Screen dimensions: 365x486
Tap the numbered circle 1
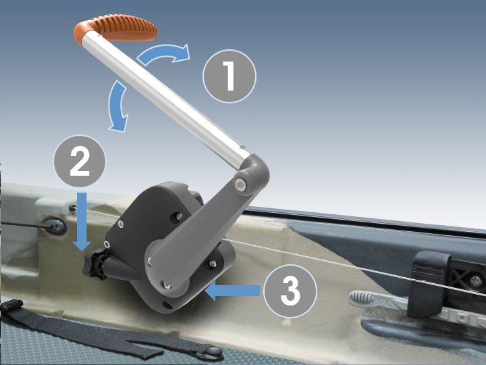point(230,77)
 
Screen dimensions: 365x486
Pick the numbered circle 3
point(290,291)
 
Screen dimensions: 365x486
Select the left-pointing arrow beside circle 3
point(233,291)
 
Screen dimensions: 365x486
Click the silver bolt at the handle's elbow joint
point(241,183)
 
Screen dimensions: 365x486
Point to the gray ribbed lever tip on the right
point(365,298)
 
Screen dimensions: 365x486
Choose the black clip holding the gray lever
point(433,270)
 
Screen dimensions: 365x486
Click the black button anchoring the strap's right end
point(215,351)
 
